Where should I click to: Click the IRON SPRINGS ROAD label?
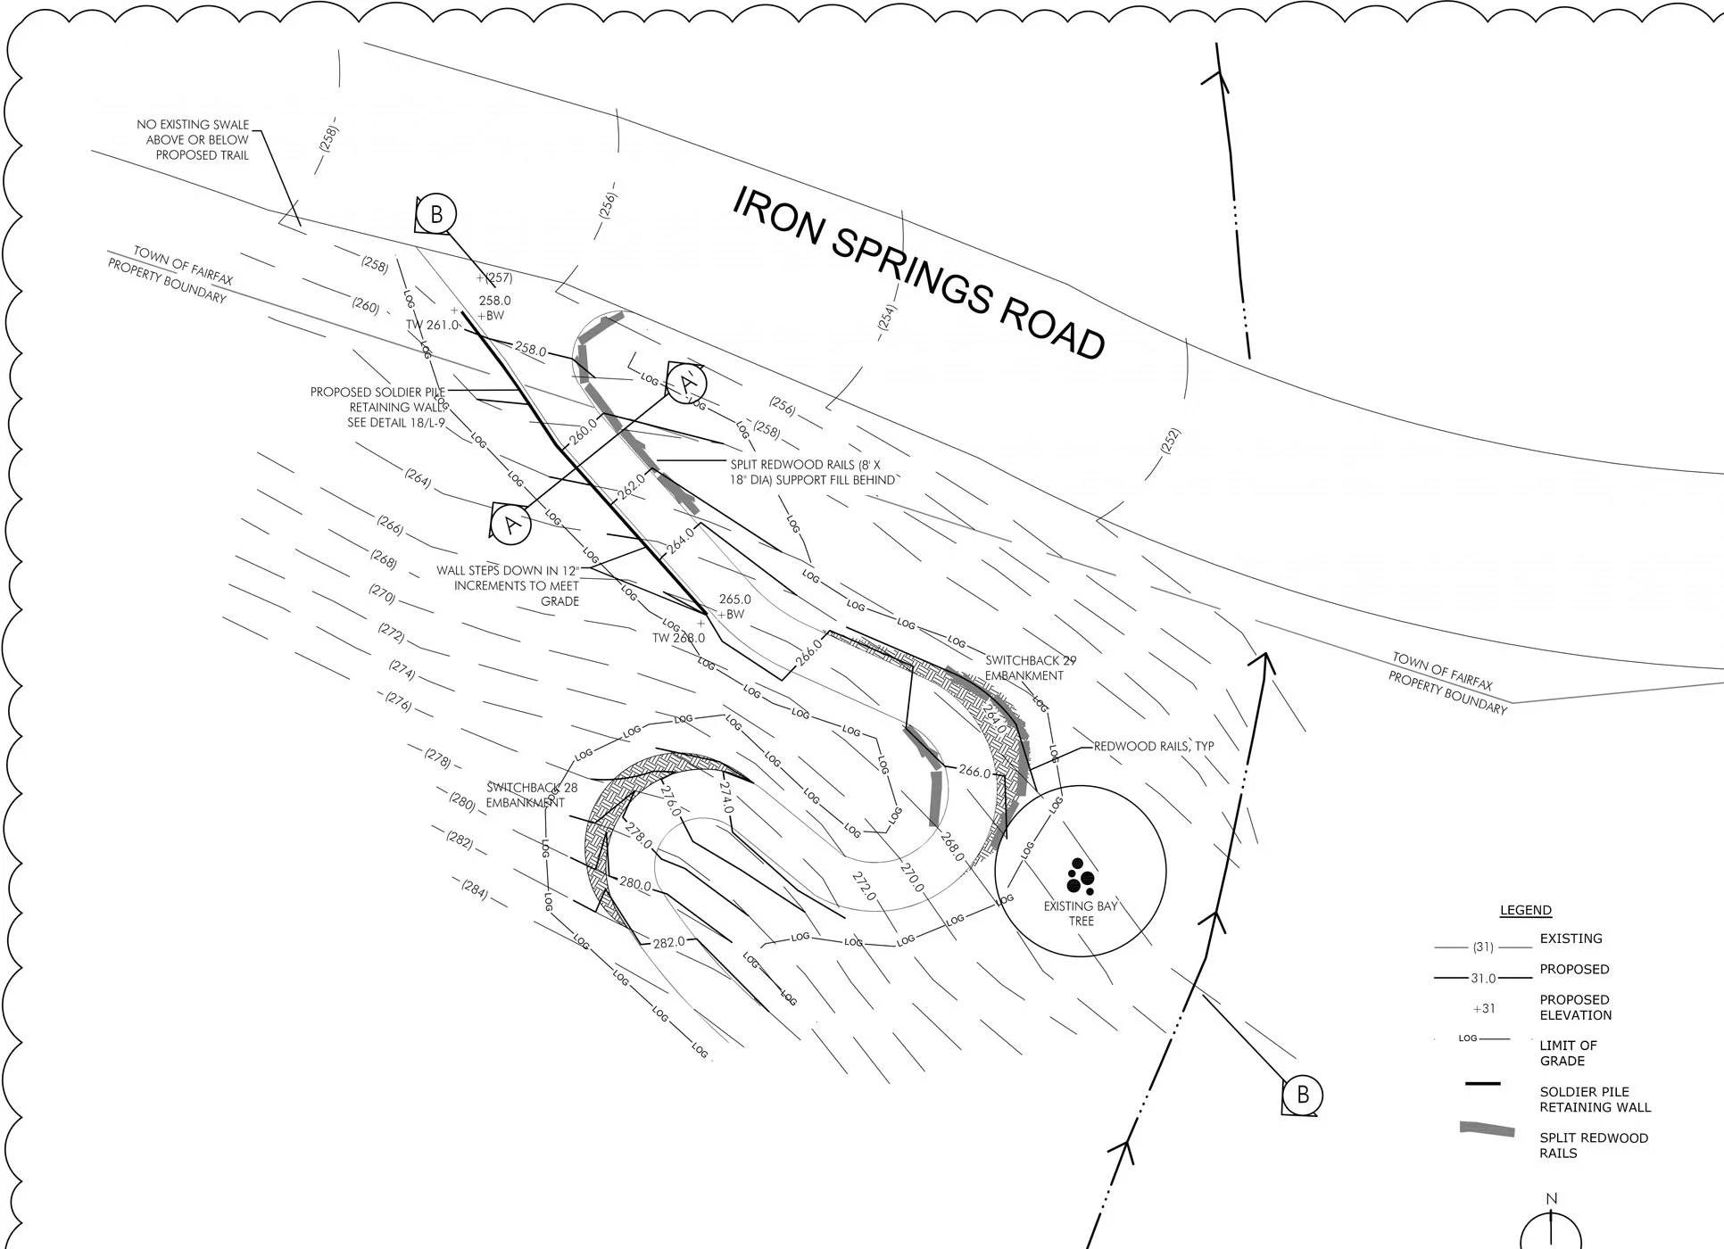point(918,273)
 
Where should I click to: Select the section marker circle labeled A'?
point(687,384)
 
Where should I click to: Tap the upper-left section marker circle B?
point(436,214)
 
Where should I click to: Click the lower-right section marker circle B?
point(1302,1095)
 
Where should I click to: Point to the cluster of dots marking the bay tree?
point(1080,877)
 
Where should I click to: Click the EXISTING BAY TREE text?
point(1081,914)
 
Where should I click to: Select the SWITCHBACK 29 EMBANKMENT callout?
point(1030,668)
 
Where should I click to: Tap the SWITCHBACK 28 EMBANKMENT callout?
point(532,795)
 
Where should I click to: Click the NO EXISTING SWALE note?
point(193,140)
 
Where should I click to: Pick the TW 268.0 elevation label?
point(678,638)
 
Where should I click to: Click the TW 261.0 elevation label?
point(432,326)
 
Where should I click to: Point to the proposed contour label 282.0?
point(668,942)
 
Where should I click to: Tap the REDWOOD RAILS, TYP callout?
point(1153,746)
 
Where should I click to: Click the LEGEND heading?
point(1525,910)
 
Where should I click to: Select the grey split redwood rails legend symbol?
point(1487,1130)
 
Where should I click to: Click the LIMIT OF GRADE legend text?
point(1568,1053)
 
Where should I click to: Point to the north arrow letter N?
point(1551,1199)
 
